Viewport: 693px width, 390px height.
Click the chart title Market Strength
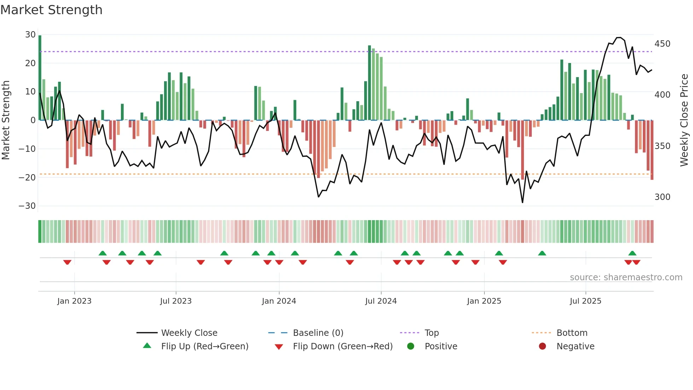(51, 10)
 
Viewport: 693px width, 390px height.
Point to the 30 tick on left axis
(30, 35)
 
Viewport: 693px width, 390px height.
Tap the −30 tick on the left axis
(27, 206)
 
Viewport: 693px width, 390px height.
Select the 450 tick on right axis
(662, 44)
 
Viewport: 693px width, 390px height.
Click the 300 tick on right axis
(662, 197)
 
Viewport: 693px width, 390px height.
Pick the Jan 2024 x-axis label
(279, 301)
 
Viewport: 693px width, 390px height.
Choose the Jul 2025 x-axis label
(586, 301)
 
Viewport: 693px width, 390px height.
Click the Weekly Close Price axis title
(684, 120)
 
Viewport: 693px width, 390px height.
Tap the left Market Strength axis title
(6, 120)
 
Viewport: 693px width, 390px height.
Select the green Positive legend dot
(410, 346)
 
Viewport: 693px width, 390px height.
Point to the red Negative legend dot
(542, 346)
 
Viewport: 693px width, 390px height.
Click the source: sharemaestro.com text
(626, 277)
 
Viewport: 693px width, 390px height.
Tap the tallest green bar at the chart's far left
(40, 78)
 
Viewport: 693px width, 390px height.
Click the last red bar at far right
(652, 150)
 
